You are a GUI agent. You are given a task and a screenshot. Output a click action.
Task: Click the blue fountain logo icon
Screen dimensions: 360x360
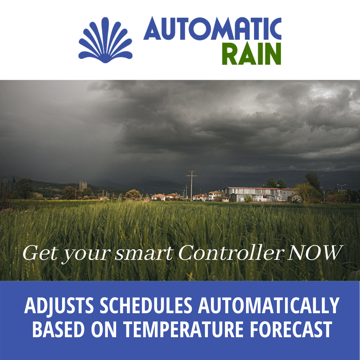pyautogui.click(x=105, y=40)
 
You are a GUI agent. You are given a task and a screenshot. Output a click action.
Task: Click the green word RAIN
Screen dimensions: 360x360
pyautogui.click(x=251, y=54)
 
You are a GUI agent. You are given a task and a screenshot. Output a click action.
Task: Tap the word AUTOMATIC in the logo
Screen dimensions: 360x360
pyautogui.click(x=212, y=28)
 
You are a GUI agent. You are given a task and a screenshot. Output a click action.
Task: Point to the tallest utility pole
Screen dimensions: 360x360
pyautogui.click(x=192, y=186)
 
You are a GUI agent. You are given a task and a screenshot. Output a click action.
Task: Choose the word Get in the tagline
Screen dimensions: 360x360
pyautogui.click(x=40, y=253)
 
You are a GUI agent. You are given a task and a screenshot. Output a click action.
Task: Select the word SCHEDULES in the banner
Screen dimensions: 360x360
pyautogui.click(x=146, y=306)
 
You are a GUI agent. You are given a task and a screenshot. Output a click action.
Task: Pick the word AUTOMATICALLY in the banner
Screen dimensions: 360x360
pyautogui.click(x=268, y=306)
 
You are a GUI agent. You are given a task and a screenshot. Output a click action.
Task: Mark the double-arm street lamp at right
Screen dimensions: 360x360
pyautogui.click(x=341, y=187)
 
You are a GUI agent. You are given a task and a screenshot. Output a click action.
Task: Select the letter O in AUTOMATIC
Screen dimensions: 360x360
pyautogui.click(x=199, y=28)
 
